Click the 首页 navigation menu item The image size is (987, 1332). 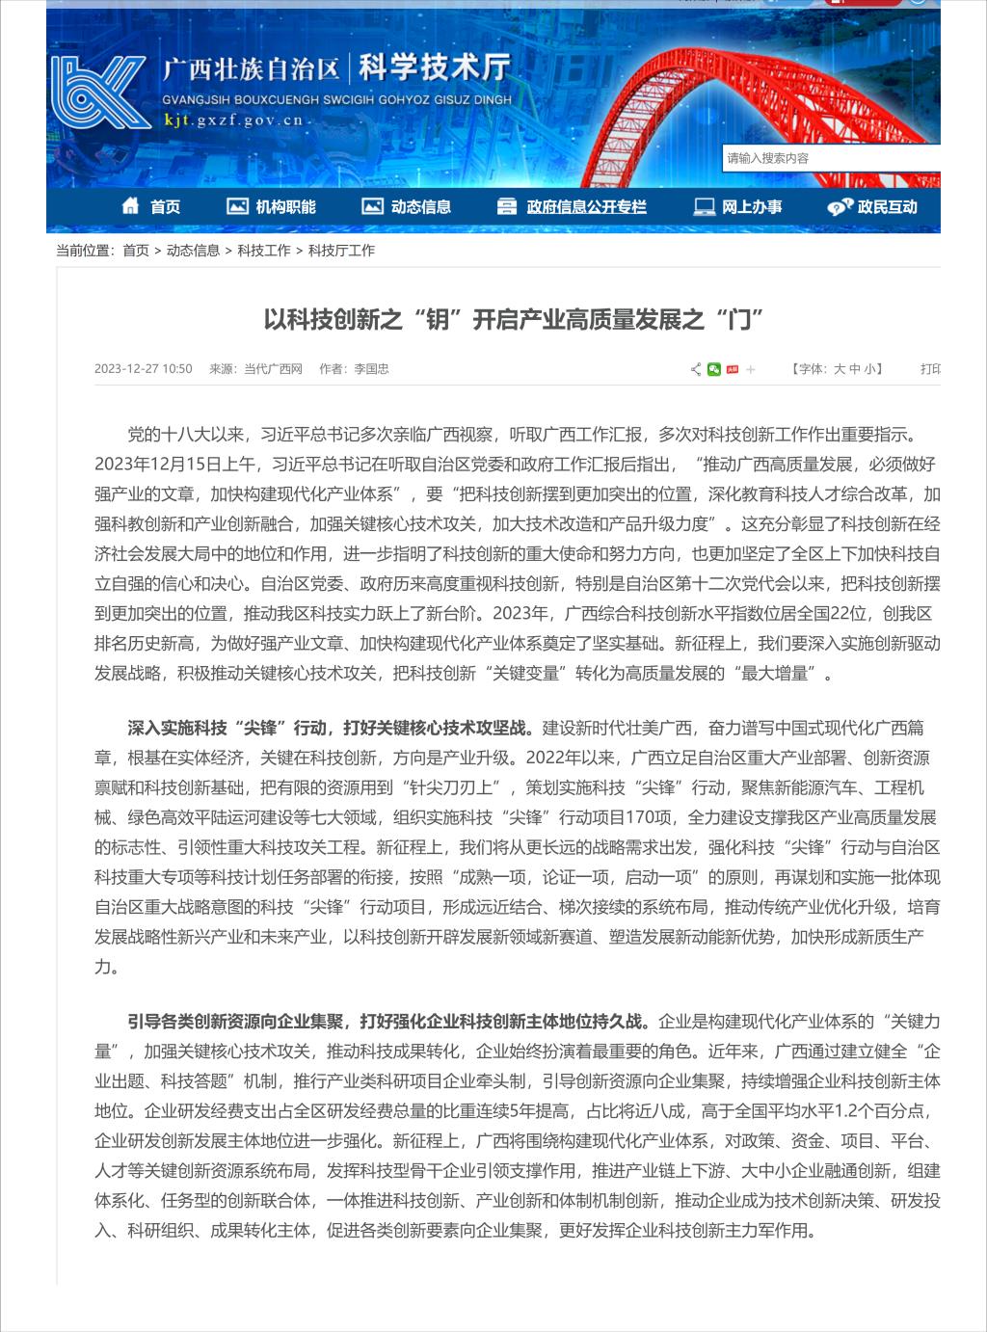click(152, 206)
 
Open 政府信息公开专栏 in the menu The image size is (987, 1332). click(572, 206)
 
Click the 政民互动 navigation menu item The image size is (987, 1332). click(872, 206)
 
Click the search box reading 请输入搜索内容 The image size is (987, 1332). click(829, 158)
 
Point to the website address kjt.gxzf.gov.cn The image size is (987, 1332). click(233, 120)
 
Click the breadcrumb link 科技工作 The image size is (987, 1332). click(264, 251)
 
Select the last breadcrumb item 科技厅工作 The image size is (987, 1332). click(341, 251)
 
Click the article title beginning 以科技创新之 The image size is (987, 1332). click(514, 319)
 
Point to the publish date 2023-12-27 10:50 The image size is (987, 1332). click(143, 369)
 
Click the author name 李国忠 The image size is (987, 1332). click(371, 369)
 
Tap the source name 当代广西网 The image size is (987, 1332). click(273, 369)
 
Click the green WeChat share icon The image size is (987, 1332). click(714, 369)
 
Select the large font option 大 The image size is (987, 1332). click(839, 369)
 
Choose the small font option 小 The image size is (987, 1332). click(869, 369)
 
